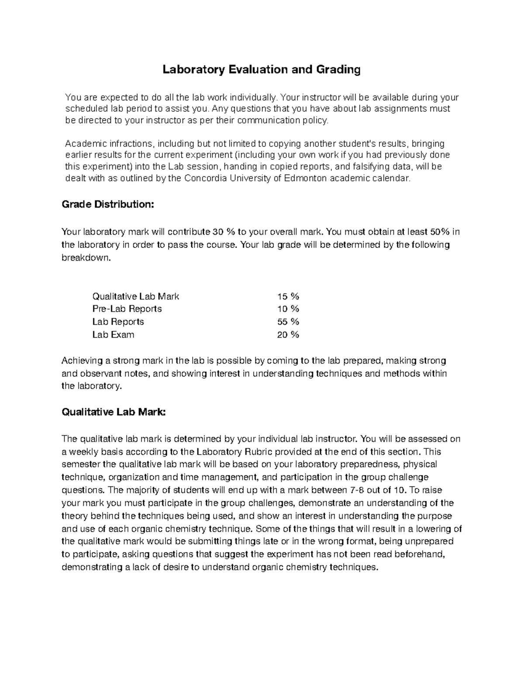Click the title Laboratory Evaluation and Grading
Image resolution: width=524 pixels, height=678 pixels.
262,69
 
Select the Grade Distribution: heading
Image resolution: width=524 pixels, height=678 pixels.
108,204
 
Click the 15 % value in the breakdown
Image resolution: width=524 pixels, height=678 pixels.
288,296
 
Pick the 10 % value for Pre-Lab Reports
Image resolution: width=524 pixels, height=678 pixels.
288,309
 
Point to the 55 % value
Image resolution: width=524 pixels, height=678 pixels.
288,322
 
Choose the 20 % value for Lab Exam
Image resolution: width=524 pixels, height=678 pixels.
288,335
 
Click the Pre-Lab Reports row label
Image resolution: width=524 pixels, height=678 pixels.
127,309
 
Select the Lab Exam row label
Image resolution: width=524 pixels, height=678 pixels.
113,335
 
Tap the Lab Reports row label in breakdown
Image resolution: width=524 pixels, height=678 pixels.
118,322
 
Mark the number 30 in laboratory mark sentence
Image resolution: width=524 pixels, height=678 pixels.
217,232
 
